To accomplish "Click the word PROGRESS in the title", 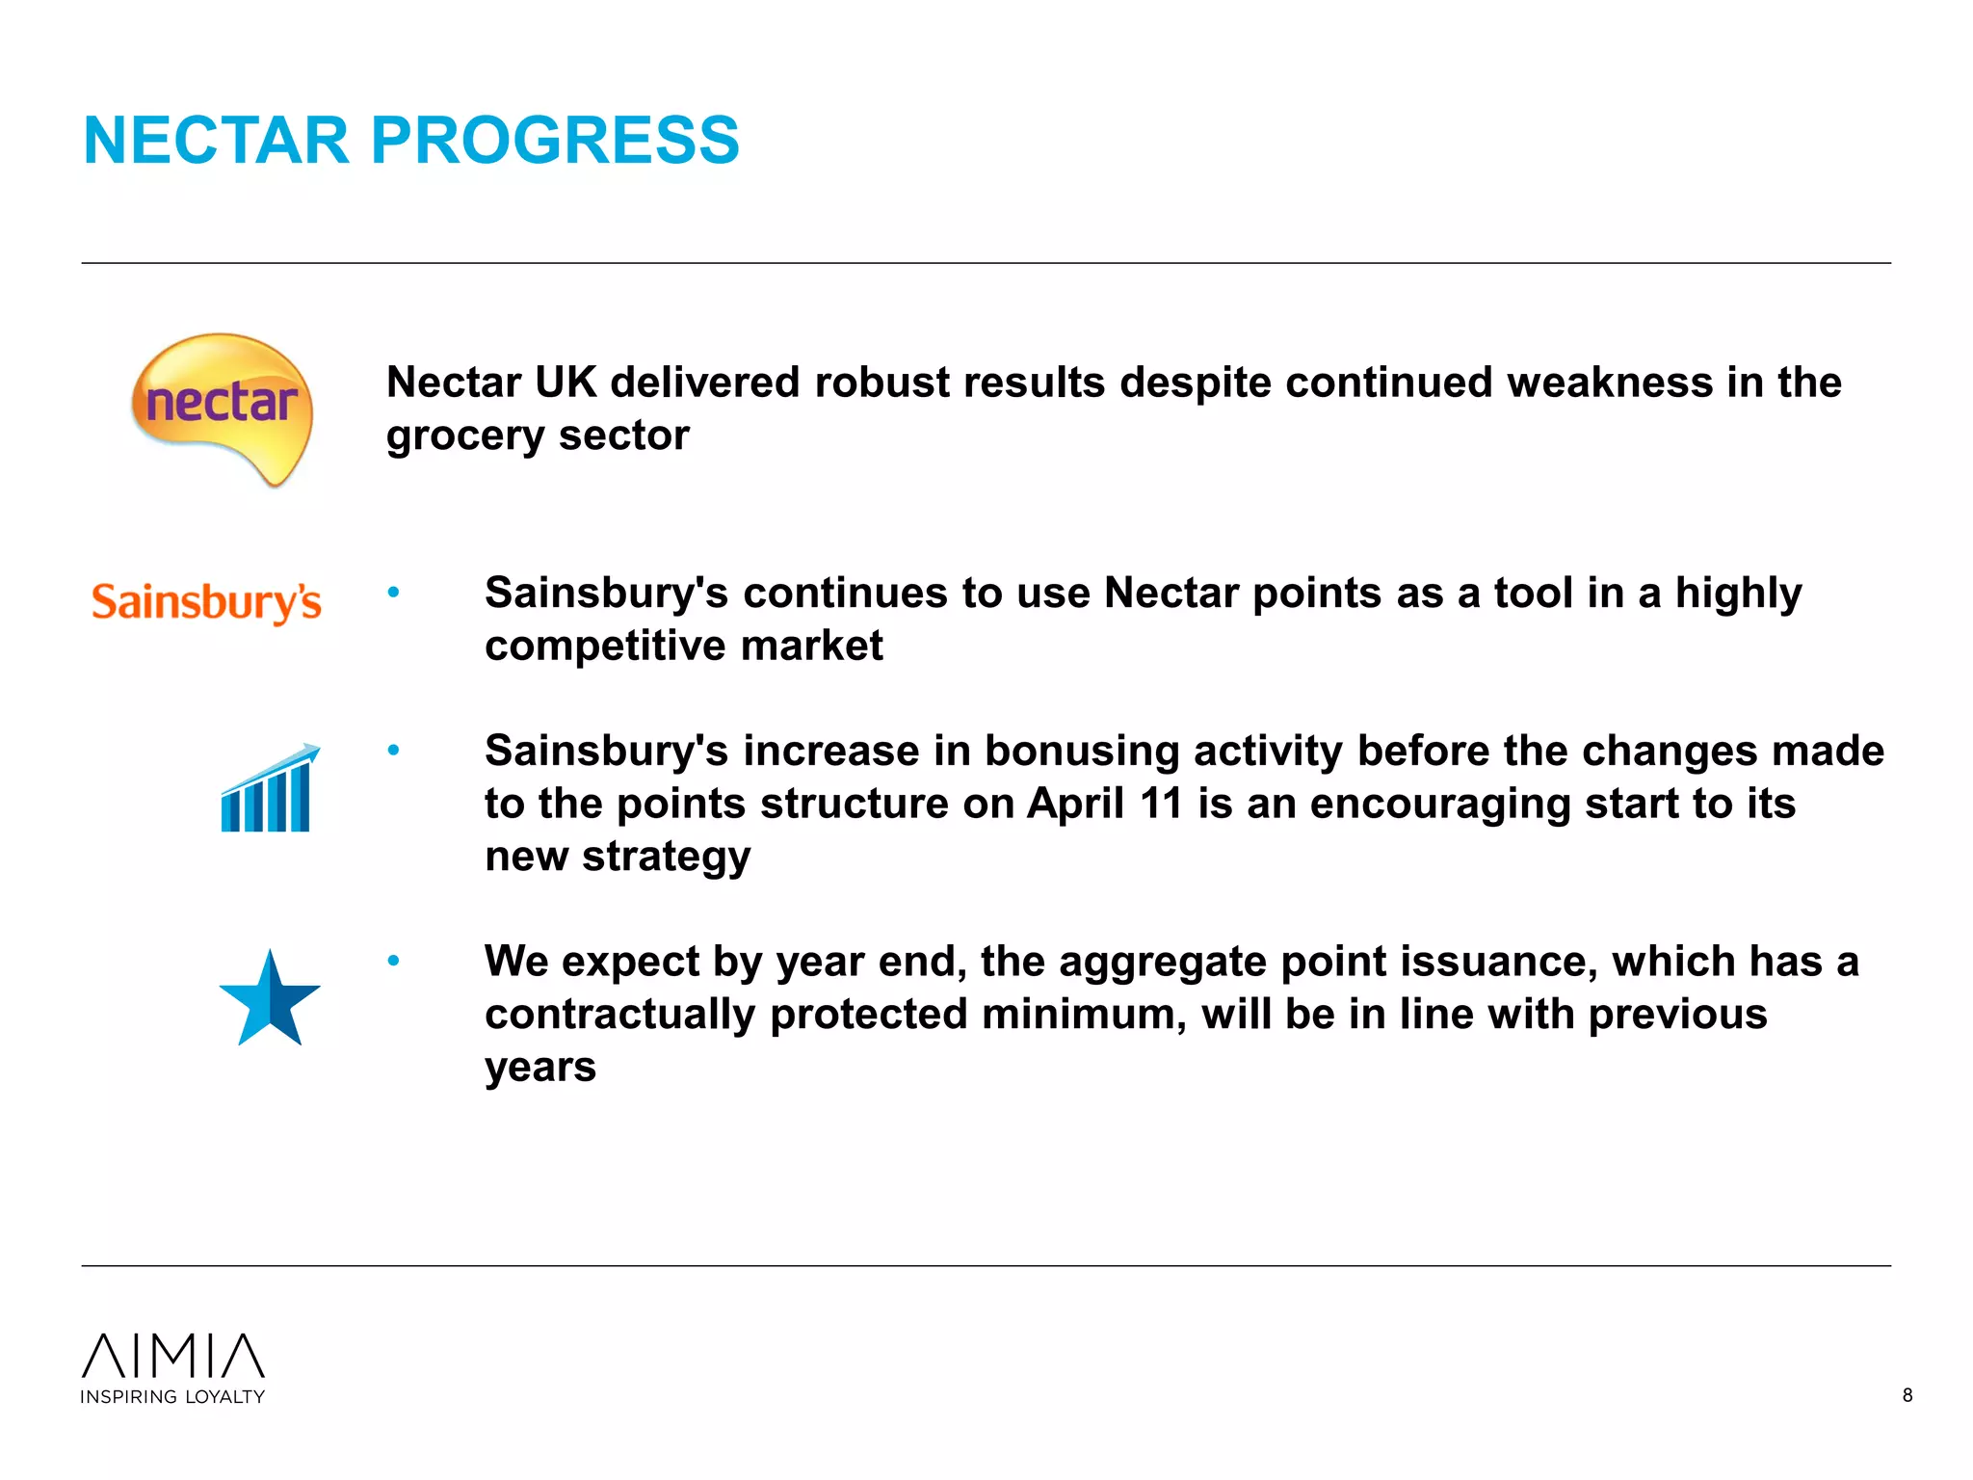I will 555,141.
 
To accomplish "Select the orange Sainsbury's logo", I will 206,602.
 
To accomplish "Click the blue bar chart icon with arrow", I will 268,789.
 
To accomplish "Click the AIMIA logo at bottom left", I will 173,1356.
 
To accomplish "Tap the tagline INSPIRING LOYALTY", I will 172,1397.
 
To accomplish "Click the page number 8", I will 1907,1395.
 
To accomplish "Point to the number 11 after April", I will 1161,804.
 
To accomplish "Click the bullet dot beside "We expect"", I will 393,961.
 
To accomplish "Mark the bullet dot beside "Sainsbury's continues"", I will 393,592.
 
